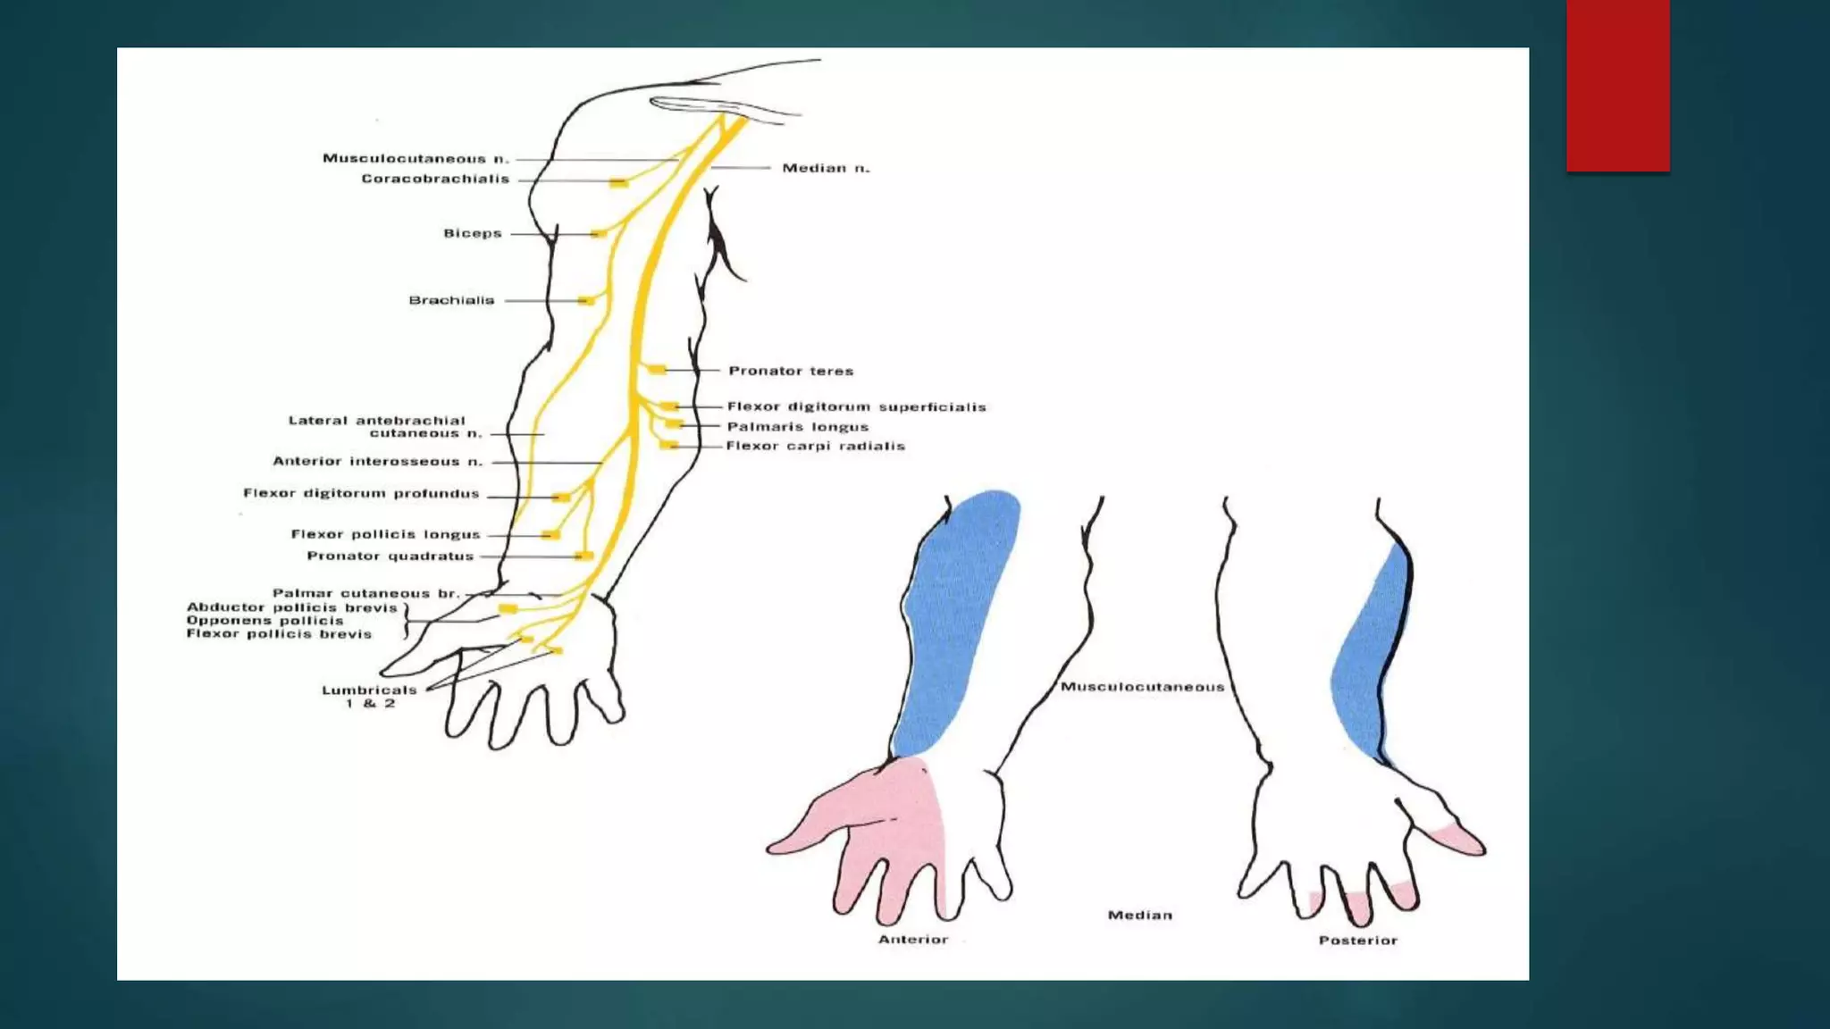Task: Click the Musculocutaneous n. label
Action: (416, 159)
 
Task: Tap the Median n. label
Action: (826, 168)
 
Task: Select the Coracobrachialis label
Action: (435, 180)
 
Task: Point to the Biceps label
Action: (473, 234)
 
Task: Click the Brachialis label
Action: (451, 301)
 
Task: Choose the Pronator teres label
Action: (791, 371)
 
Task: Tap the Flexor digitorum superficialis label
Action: (856, 407)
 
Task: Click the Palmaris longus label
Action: (797, 427)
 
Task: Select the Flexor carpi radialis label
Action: (815, 446)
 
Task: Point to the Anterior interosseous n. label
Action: (377, 462)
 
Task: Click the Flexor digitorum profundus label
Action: (361, 494)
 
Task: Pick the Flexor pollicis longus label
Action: (385, 535)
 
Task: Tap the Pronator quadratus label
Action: (390, 556)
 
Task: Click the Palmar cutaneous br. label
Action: (365, 593)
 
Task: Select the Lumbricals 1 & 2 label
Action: (369, 697)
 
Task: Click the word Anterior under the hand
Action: (912, 940)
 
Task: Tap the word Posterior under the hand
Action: (1357, 941)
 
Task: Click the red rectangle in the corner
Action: (1617, 86)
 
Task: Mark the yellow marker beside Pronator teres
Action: (658, 370)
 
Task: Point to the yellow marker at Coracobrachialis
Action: (618, 183)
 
